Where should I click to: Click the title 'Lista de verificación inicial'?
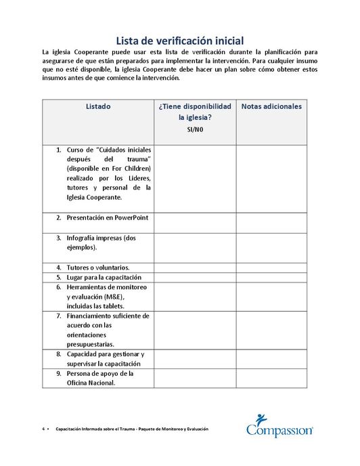point(180,41)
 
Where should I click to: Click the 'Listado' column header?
point(98,106)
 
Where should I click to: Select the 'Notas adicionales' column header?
point(271,106)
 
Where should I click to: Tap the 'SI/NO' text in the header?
point(194,130)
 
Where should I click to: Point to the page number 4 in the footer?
point(43,429)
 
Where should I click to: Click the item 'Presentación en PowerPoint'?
point(107,218)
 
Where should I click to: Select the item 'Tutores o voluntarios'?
point(97,268)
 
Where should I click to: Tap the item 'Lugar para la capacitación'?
point(104,278)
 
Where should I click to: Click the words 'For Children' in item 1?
point(132,168)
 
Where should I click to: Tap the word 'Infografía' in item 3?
point(84,238)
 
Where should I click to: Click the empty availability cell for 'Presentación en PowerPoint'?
point(195,222)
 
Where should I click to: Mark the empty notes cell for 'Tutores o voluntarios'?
point(271,268)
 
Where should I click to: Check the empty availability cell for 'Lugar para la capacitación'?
point(195,278)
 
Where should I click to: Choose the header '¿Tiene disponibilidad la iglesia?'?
point(195,112)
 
